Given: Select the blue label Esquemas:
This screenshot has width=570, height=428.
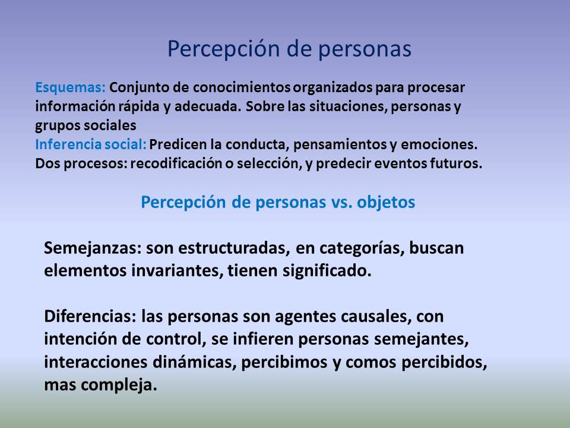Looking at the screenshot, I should pos(70,87).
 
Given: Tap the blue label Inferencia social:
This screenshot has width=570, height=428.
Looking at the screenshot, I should pos(90,144).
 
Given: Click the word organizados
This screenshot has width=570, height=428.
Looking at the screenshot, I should pos(333,87).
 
